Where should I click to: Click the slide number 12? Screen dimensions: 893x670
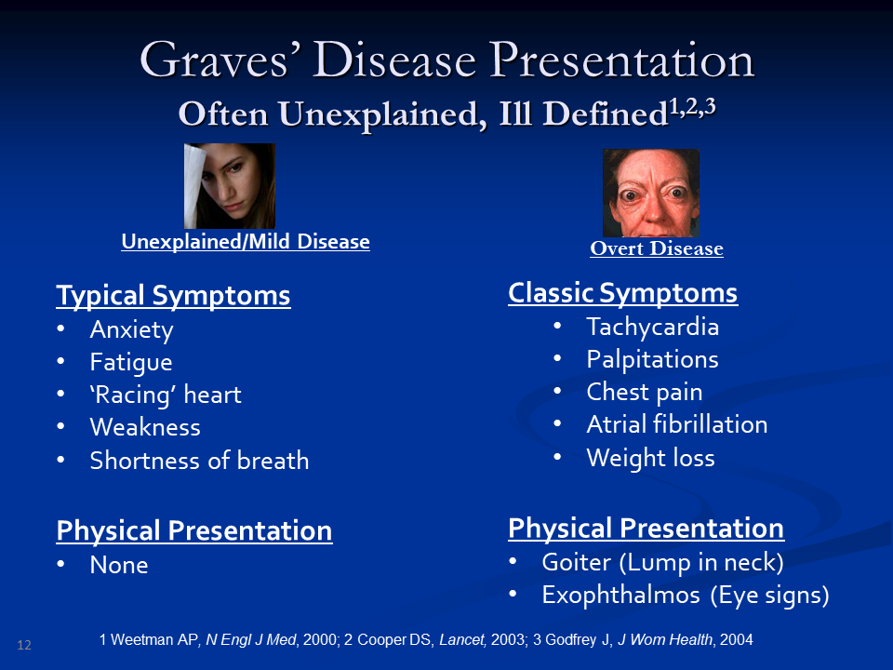pyautogui.click(x=24, y=645)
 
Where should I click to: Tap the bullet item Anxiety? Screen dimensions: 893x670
pyautogui.click(x=131, y=329)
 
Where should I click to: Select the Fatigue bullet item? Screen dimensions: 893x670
pyautogui.click(x=131, y=362)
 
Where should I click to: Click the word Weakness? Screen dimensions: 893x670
pyautogui.click(x=145, y=427)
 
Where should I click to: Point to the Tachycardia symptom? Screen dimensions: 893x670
pyautogui.click(x=653, y=327)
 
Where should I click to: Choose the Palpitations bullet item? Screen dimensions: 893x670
pyautogui.click(x=653, y=359)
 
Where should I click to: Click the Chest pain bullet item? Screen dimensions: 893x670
pyautogui.click(x=644, y=392)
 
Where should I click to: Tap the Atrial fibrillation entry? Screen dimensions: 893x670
pyautogui.click(x=677, y=424)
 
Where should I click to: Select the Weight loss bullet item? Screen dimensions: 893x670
pyautogui.click(x=650, y=458)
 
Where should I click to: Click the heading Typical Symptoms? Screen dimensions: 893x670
pyautogui.click(x=173, y=296)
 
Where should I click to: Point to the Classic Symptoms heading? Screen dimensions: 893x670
pyautogui.click(x=623, y=293)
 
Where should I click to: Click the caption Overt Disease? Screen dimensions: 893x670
pyautogui.click(x=657, y=248)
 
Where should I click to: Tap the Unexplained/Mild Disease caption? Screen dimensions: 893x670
pyautogui.click(x=246, y=242)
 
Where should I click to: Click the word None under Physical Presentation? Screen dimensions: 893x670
pyautogui.click(x=119, y=565)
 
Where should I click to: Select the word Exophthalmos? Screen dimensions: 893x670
pyautogui.click(x=620, y=595)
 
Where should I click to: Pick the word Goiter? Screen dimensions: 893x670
pyautogui.click(x=577, y=562)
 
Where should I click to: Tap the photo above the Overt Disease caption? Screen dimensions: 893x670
pyautogui.click(x=651, y=193)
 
